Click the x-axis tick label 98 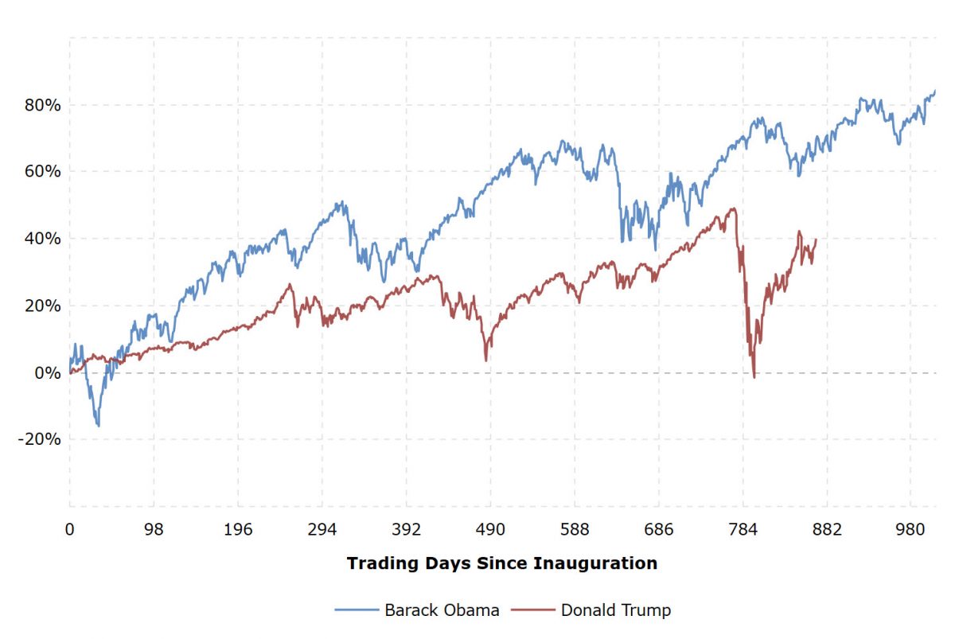[154, 529]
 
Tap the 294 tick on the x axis [322, 529]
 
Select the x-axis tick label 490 [490, 529]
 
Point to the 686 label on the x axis [659, 529]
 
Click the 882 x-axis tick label [828, 529]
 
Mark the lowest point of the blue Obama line [99, 426]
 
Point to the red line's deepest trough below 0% [754, 376]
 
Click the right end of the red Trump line [816, 240]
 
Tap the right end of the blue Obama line [935, 91]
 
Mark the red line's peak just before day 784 [733, 209]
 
